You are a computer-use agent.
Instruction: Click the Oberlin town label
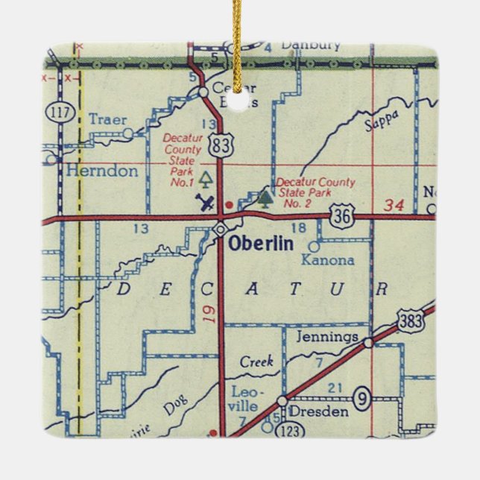[x=261, y=244]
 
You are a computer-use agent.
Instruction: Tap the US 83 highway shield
[x=220, y=146]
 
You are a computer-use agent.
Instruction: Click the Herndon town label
[x=101, y=171]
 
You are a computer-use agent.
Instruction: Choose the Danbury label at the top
[x=310, y=45]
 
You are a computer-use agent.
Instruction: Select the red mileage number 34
[x=394, y=204]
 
